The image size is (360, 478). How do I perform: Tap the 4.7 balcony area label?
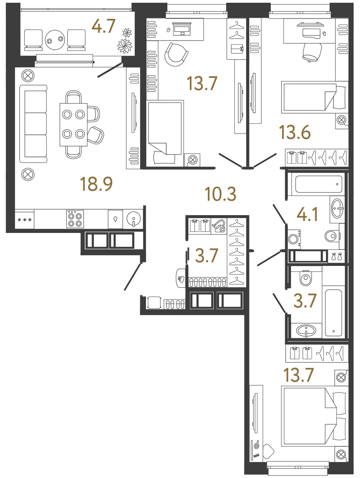pyautogui.click(x=103, y=26)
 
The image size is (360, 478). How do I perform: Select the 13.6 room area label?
pyautogui.click(x=295, y=132)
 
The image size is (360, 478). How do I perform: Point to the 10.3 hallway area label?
pyautogui.click(x=220, y=194)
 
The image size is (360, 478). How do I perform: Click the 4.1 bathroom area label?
pyautogui.click(x=307, y=214)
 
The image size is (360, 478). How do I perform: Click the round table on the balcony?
pyautogui.click(x=55, y=40)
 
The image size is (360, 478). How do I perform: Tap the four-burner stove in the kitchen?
pyautogui.click(x=75, y=219)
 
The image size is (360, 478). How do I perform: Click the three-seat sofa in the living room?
pyautogui.click(x=33, y=124)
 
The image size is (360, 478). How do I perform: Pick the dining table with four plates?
pyautogui.click(x=74, y=124)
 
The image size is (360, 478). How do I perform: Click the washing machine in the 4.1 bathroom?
pyautogui.click(x=294, y=239)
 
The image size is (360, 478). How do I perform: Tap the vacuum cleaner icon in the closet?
pyautogui.click(x=219, y=226)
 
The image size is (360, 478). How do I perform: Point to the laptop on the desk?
pyautogui.click(x=182, y=29)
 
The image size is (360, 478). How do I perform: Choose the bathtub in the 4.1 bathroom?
pyautogui.click(x=318, y=184)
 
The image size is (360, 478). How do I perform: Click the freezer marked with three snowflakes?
pyautogui.click(x=24, y=219)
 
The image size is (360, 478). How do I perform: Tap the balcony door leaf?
pyautogui.click(x=110, y=70)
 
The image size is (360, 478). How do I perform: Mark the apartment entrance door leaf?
pyautogui.click(x=133, y=277)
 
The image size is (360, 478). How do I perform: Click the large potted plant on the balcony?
pyautogui.click(x=125, y=46)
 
